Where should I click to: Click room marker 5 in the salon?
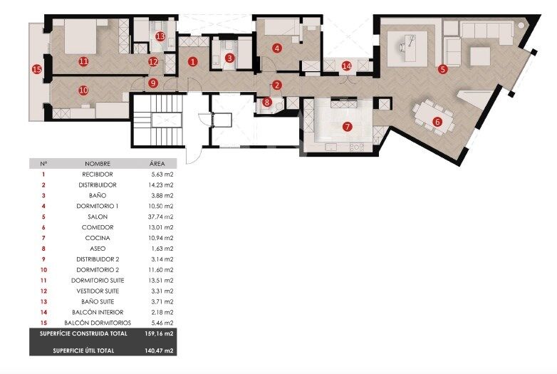pyautogui.click(x=442, y=69)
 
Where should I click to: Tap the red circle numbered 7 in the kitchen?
pyautogui.click(x=347, y=126)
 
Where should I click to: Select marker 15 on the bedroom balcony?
pyautogui.click(x=37, y=69)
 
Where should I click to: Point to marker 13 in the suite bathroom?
pyautogui.click(x=160, y=36)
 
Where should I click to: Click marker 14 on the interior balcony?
pyautogui.click(x=346, y=66)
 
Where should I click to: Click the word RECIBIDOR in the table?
pyautogui.click(x=98, y=175)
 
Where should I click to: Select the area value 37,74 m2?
pyautogui.click(x=160, y=217)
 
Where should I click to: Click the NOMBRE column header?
pyautogui.click(x=98, y=164)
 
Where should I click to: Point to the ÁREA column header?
pyautogui.click(x=157, y=163)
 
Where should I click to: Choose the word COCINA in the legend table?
pyautogui.click(x=98, y=238)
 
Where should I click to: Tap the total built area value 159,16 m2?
pyautogui.click(x=159, y=333)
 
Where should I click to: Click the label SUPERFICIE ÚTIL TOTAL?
pyautogui.click(x=83, y=350)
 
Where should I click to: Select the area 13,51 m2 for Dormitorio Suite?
pyautogui.click(x=160, y=280)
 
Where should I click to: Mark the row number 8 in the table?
pyautogui.click(x=43, y=249)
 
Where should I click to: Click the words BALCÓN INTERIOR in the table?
pyautogui.click(x=98, y=312)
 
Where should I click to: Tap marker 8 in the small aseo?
pyautogui.click(x=267, y=103)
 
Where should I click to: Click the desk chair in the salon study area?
pyautogui.click(x=403, y=46)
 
